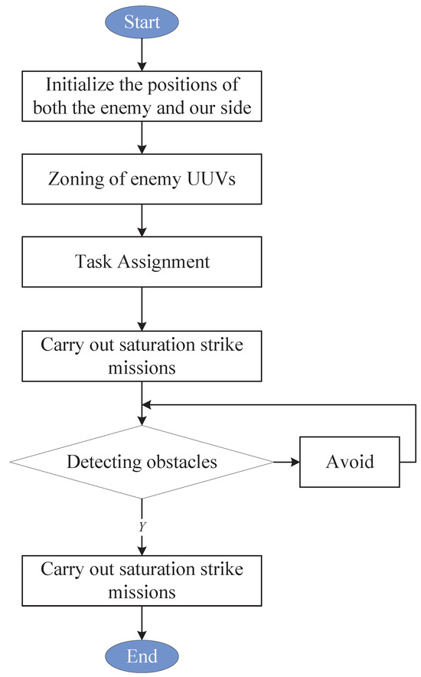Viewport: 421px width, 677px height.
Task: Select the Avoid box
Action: coord(349,462)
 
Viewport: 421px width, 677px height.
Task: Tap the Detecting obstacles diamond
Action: coord(142,462)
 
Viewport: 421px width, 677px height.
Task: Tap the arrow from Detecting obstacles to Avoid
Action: coord(286,462)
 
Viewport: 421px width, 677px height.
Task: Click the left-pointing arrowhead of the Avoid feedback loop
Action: coord(149,406)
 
